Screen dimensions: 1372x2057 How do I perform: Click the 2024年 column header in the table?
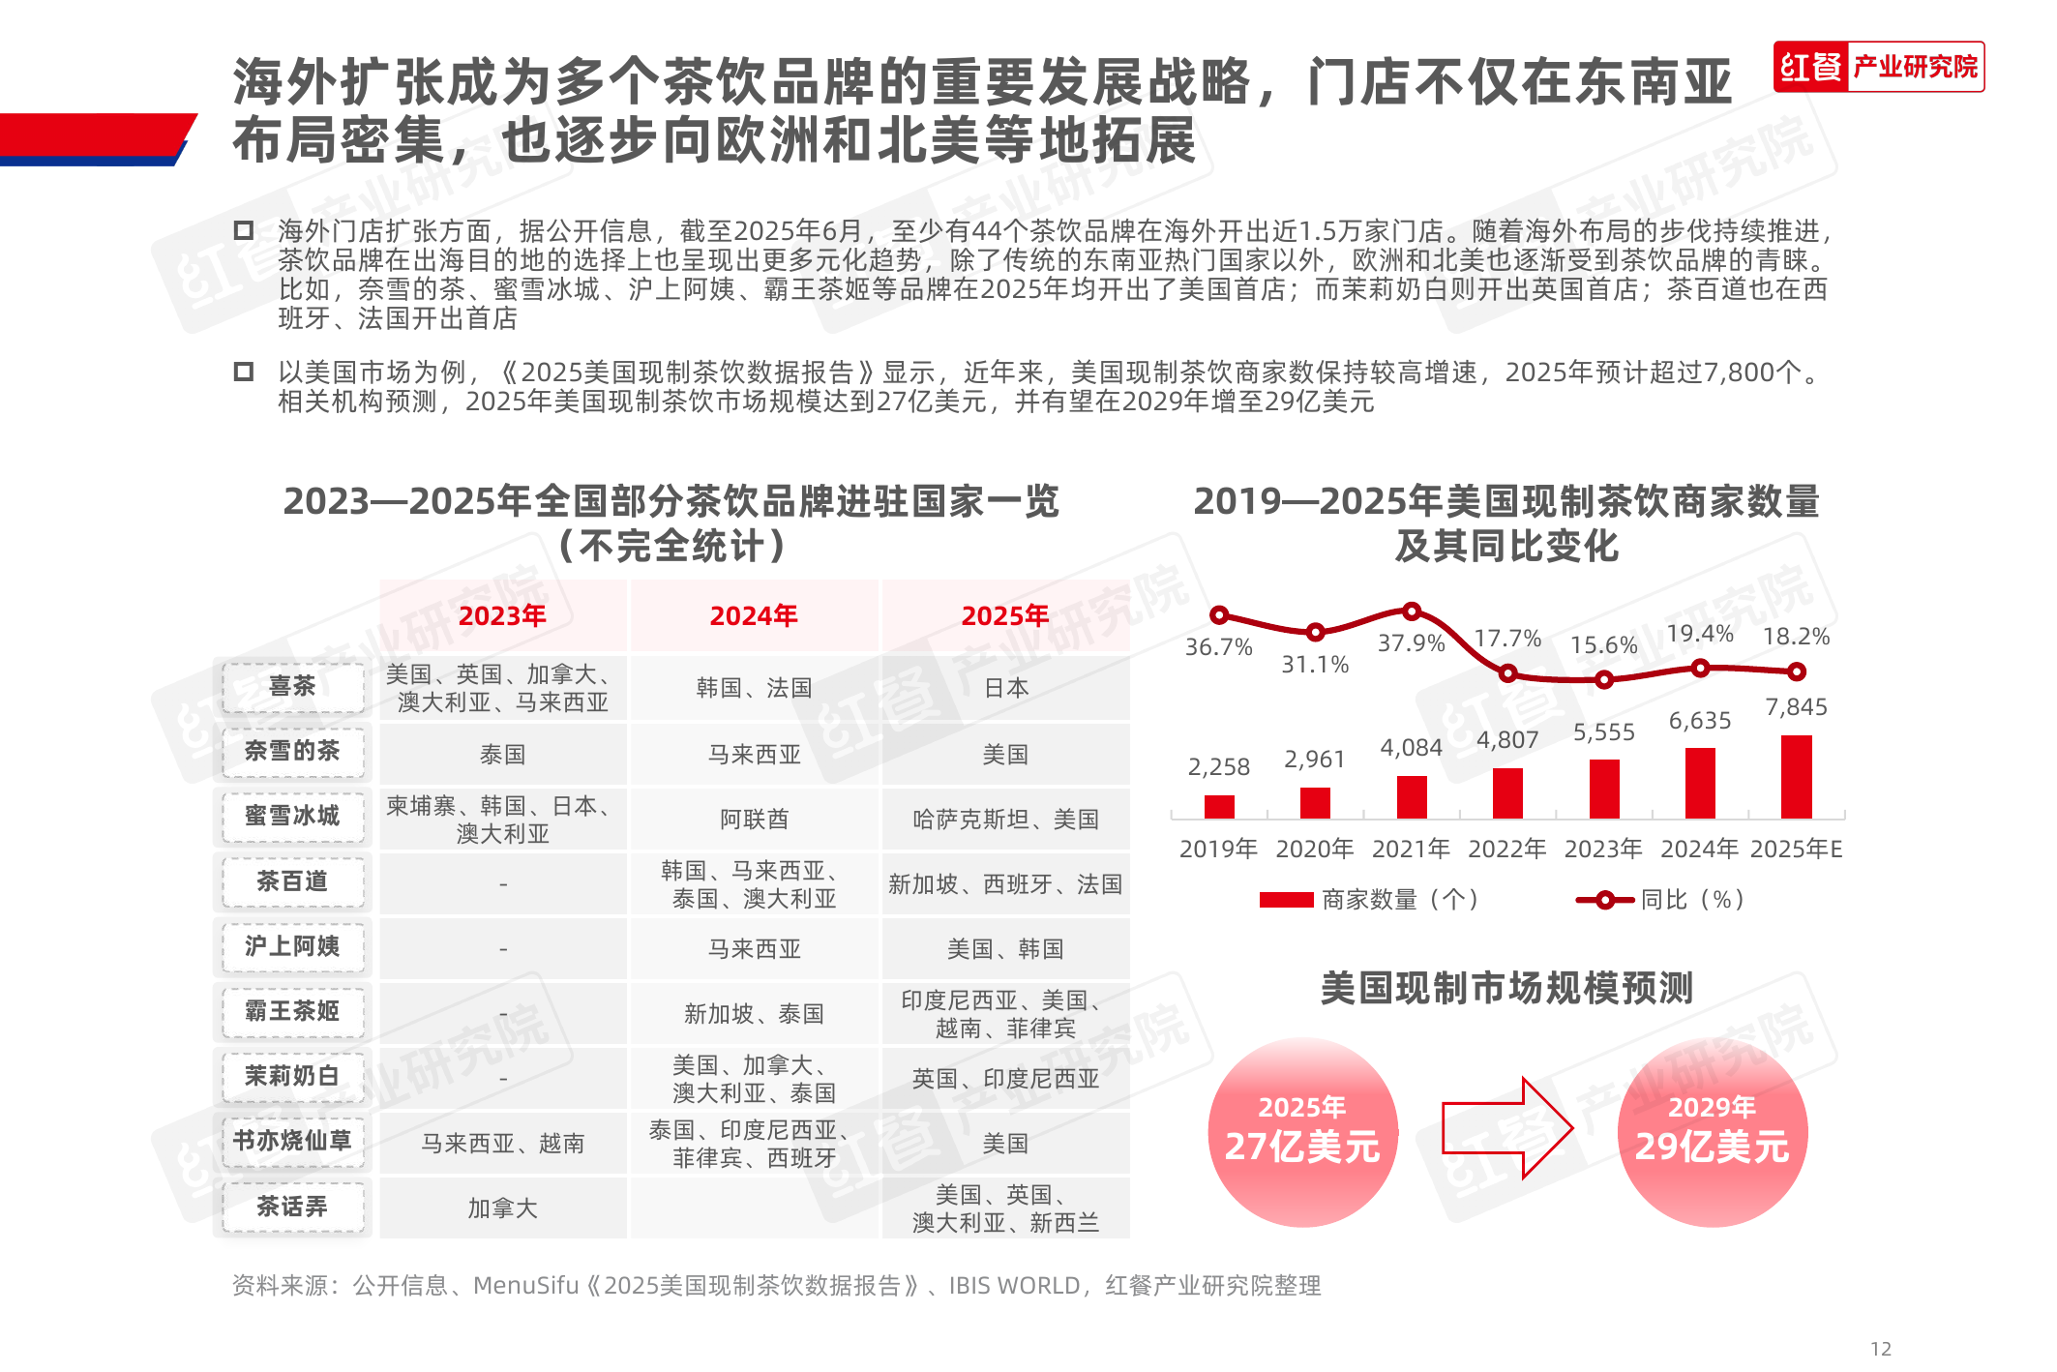(x=754, y=615)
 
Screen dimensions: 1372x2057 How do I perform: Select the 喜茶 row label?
(x=292, y=687)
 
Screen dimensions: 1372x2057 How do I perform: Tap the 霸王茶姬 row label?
(x=292, y=1011)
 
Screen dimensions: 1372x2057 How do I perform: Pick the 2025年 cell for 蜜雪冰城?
(x=1005, y=820)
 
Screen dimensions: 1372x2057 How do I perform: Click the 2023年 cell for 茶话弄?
(x=502, y=1208)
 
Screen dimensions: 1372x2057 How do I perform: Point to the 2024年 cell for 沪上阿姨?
(x=754, y=949)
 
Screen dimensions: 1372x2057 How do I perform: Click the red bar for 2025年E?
(x=1796, y=777)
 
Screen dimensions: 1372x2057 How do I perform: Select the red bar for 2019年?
(x=1219, y=807)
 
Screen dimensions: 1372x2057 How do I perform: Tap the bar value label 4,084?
(x=1411, y=748)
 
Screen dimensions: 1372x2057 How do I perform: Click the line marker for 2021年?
(x=1412, y=611)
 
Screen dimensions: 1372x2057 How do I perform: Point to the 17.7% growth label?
(x=1507, y=639)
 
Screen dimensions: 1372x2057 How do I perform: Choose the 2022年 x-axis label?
(x=1506, y=850)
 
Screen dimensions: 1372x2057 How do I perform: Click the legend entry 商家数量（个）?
(x=1369, y=900)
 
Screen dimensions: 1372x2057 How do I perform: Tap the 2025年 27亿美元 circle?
(x=1302, y=1132)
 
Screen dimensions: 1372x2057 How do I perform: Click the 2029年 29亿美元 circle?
(x=1712, y=1132)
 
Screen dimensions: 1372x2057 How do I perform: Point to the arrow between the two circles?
(x=1506, y=1128)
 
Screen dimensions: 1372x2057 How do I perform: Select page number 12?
(x=1880, y=1349)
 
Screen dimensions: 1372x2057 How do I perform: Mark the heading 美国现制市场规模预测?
(x=1506, y=989)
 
